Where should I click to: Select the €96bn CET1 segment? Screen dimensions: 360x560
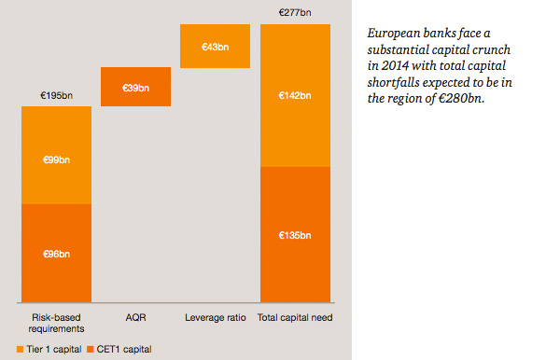(56, 253)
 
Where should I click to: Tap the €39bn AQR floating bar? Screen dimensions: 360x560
(135, 87)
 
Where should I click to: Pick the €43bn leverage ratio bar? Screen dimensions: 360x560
(215, 47)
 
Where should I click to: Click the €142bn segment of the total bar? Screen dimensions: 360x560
(294, 95)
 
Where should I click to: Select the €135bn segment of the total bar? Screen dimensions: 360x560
(294, 236)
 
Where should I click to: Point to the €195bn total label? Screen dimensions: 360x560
(56, 95)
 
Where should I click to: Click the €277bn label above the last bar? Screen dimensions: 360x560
(294, 12)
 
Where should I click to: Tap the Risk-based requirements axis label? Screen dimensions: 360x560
(56, 324)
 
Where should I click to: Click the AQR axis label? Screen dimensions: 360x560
(135, 318)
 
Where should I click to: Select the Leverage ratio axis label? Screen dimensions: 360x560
(215, 318)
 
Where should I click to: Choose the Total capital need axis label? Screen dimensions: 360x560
(294, 318)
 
